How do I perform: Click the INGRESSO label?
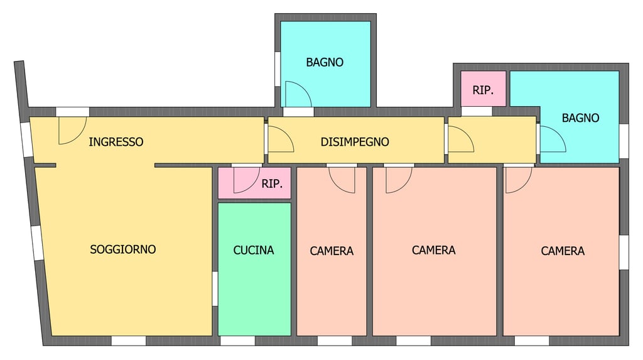(116, 142)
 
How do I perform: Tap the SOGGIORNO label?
(123, 249)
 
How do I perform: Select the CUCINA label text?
(254, 250)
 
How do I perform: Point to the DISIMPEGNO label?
(355, 142)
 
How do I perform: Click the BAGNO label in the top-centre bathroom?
(325, 62)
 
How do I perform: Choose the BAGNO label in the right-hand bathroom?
(580, 117)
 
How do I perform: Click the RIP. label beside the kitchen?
(272, 184)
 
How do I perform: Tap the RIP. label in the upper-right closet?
(483, 90)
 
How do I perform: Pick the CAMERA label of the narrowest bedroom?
(332, 251)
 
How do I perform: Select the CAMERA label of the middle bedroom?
(433, 250)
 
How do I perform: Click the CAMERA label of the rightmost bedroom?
(563, 251)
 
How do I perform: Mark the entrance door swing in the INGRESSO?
(70, 130)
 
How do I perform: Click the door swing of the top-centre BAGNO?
(296, 94)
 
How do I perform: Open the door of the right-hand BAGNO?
(551, 139)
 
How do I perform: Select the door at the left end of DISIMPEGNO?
(279, 139)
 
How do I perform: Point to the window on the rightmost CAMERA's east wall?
(624, 252)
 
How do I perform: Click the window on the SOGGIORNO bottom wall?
(129, 341)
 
